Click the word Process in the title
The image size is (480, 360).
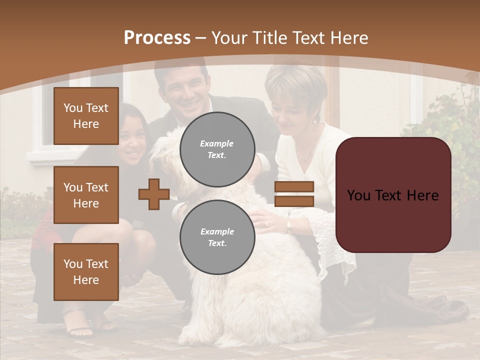coord(157,38)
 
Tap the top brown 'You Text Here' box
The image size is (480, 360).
coord(86,116)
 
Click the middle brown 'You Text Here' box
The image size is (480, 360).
coord(86,195)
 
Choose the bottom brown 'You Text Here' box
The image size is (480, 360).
coord(86,271)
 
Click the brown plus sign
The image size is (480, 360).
coord(154,194)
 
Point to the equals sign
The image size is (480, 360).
coord(294,194)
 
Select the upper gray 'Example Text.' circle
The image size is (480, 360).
coord(217,149)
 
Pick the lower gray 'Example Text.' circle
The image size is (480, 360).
coord(217,237)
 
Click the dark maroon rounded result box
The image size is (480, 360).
coord(393,195)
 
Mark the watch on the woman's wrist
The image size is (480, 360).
coord(289,226)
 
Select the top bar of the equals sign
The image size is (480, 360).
coord(294,187)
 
